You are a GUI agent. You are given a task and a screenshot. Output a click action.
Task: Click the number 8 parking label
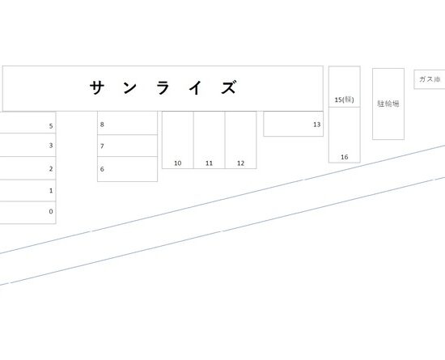click(x=102, y=125)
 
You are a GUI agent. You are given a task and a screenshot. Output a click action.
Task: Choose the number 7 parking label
click(x=102, y=146)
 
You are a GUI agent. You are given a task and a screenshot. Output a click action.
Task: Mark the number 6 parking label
click(x=102, y=169)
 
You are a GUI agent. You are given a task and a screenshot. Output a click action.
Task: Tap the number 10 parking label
click(x=178, y=163)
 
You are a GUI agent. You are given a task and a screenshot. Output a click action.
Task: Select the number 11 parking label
click(x=210, y=163)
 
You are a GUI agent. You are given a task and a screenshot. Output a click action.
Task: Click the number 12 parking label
click(x=240, y=163)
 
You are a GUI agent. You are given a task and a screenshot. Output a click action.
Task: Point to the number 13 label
click(x=317, y=125)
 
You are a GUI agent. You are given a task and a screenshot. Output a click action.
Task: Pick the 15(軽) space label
click(x=344, y=100)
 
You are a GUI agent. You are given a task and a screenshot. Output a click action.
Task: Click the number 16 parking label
click(x=344, y=157)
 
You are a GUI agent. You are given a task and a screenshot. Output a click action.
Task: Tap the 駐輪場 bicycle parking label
click(x=388, y=104)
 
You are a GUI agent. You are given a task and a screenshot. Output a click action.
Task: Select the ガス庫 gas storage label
click(x=430, y=79)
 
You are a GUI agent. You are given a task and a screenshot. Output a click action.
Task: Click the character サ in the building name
click(x=96, y=87)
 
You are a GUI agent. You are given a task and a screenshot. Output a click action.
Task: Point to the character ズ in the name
click(x=229, y=87)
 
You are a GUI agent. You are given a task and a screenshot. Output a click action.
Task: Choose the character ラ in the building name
click(x=163, y=87)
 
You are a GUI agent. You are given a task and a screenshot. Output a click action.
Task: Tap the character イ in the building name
click(x=196, y=87)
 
